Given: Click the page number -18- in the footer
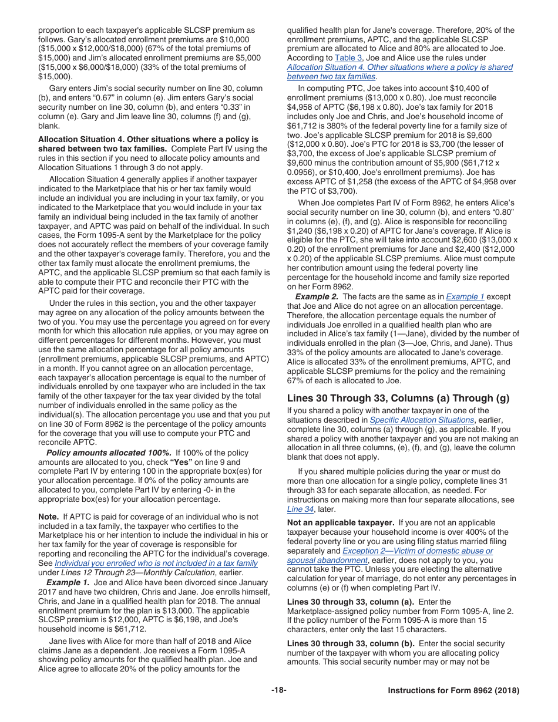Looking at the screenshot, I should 279,690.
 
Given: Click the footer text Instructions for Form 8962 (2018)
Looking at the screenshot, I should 453,690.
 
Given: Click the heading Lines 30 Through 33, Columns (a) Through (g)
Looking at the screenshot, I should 398,398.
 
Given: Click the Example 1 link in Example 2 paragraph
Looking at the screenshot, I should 465,296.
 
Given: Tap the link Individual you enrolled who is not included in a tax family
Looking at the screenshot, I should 156,563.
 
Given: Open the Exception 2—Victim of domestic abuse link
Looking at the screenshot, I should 418,551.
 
